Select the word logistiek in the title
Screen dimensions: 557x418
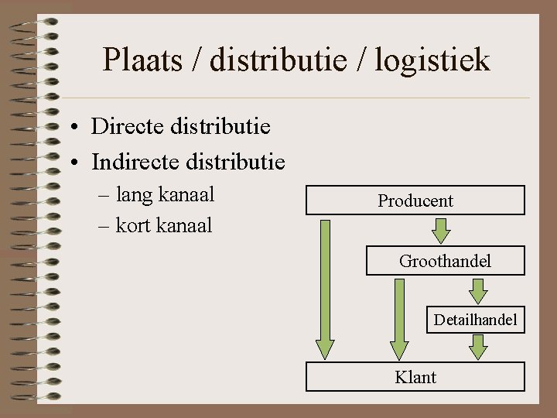(x=432, y=60)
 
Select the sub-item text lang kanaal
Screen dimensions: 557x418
(x=165, y=194)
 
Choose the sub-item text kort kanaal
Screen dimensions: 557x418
(x=163, y=225)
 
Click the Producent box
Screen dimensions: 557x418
(x=415, y=200)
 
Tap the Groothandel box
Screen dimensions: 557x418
(x=445, y=261)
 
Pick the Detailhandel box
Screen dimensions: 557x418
(x=475, y=319)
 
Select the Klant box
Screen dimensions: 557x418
(x=415, y=377)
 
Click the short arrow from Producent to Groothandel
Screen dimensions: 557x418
(x=441, y=230)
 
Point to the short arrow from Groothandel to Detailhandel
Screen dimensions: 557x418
(x=479, y=290)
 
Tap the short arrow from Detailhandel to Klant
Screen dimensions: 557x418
(x=479, y=347)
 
